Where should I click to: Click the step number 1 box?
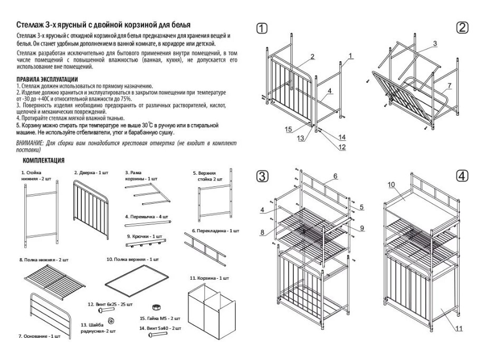tap(262, 29)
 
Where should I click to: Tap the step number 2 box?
tap(463, 27)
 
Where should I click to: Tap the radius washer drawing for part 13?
tap(111, 321)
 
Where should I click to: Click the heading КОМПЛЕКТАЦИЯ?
tap(44, 160)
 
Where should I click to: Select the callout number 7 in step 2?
tap(449, 85)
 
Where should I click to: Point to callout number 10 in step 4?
tap(392, 185)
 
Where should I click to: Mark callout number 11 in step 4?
tap(458, 328)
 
